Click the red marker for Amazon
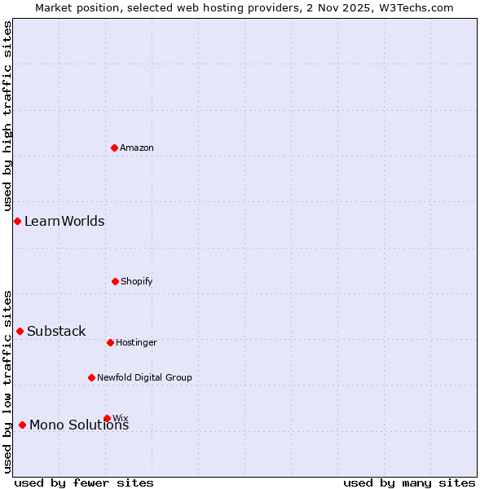114,148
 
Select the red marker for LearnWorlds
17,221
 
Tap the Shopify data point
115,281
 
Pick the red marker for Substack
20,331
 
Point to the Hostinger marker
110,342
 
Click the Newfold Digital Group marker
91,377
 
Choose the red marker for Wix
107,418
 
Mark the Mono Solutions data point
22,425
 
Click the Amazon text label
137,148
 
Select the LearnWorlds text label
64,221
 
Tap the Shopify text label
137,281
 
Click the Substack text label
56,331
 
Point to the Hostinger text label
136,342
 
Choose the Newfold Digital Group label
144,377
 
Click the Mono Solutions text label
79,425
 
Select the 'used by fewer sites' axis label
84,482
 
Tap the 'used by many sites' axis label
409,482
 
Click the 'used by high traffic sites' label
7,116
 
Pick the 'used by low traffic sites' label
7,381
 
